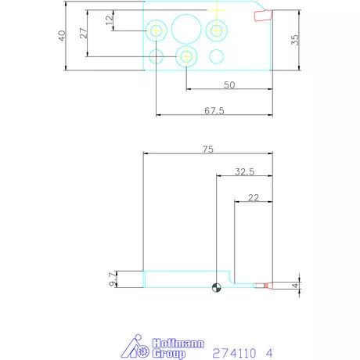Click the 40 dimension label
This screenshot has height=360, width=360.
[x=62, y=35]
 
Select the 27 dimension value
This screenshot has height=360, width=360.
[x=83, y=33]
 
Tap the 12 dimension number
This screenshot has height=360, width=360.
[x=110, y=20]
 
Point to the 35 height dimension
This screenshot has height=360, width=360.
[x=295, y=40]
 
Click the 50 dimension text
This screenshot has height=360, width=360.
[x=229, y=85]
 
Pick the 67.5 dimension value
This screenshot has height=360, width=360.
[x=214, y=110]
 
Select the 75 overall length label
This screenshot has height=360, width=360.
[x=208, y=149]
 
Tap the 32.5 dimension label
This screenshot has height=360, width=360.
[x=244, y=171]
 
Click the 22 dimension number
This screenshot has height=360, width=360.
[x=254, y=198]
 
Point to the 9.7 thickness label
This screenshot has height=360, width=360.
[x=112, y=279]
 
